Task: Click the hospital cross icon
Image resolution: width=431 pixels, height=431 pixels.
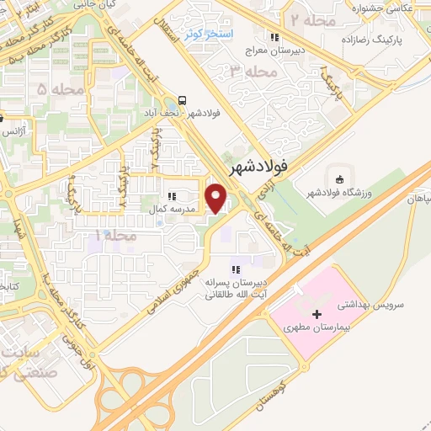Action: point(317,314)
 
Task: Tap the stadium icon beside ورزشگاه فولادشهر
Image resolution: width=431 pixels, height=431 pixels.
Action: point(338,179)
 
